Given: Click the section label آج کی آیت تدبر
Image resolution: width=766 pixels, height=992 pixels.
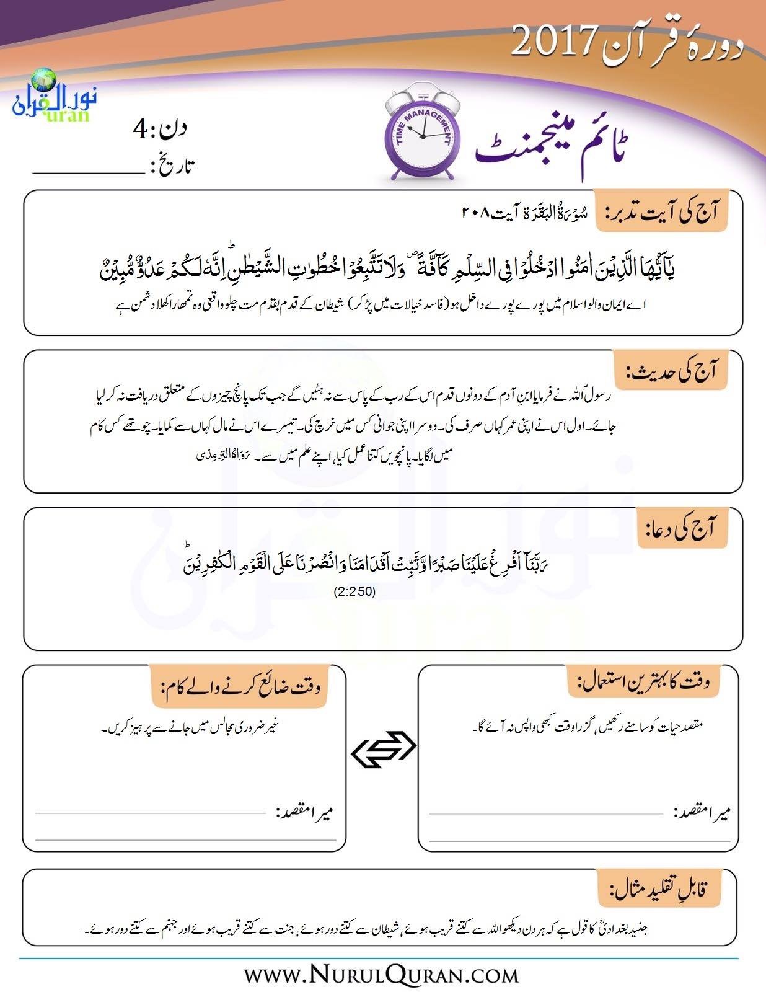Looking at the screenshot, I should coord(661,212).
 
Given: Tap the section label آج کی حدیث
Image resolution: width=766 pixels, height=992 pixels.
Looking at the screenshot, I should coord(672,371).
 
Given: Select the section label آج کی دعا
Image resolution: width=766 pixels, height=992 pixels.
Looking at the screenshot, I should coord(683,529).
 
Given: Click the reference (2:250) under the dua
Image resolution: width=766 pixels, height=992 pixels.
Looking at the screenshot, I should coord(354,591).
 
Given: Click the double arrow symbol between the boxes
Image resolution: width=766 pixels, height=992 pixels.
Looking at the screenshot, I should coord(383,750).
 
